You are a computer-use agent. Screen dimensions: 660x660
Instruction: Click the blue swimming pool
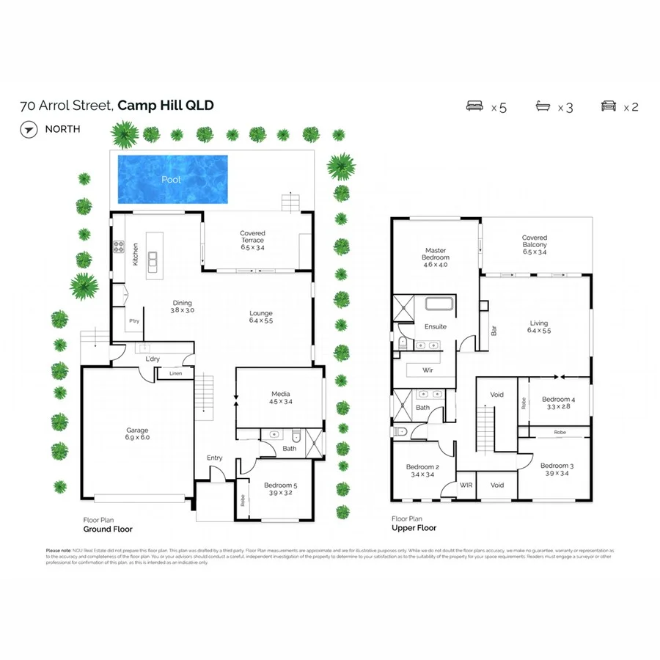172,180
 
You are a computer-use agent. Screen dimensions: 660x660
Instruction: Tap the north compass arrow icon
29,130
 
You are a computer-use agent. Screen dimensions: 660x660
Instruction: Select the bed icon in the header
476,106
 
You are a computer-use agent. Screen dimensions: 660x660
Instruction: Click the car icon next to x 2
609,106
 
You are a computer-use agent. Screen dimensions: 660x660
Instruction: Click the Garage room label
136,433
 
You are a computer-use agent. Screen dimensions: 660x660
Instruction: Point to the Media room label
280,397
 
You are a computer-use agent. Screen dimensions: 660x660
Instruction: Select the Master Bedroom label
435,257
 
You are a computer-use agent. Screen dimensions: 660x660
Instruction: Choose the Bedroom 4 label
558,403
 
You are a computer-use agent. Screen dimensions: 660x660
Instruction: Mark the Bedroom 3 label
557,469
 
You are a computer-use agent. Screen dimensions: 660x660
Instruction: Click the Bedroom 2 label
422,471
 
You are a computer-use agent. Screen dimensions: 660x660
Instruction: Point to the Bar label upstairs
492,331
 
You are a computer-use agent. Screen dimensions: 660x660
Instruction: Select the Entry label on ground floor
214,458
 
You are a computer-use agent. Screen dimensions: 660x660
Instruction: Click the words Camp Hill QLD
166,106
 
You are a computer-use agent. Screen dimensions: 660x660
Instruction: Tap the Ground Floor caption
107,529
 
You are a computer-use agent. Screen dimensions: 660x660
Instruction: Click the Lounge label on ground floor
260,317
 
